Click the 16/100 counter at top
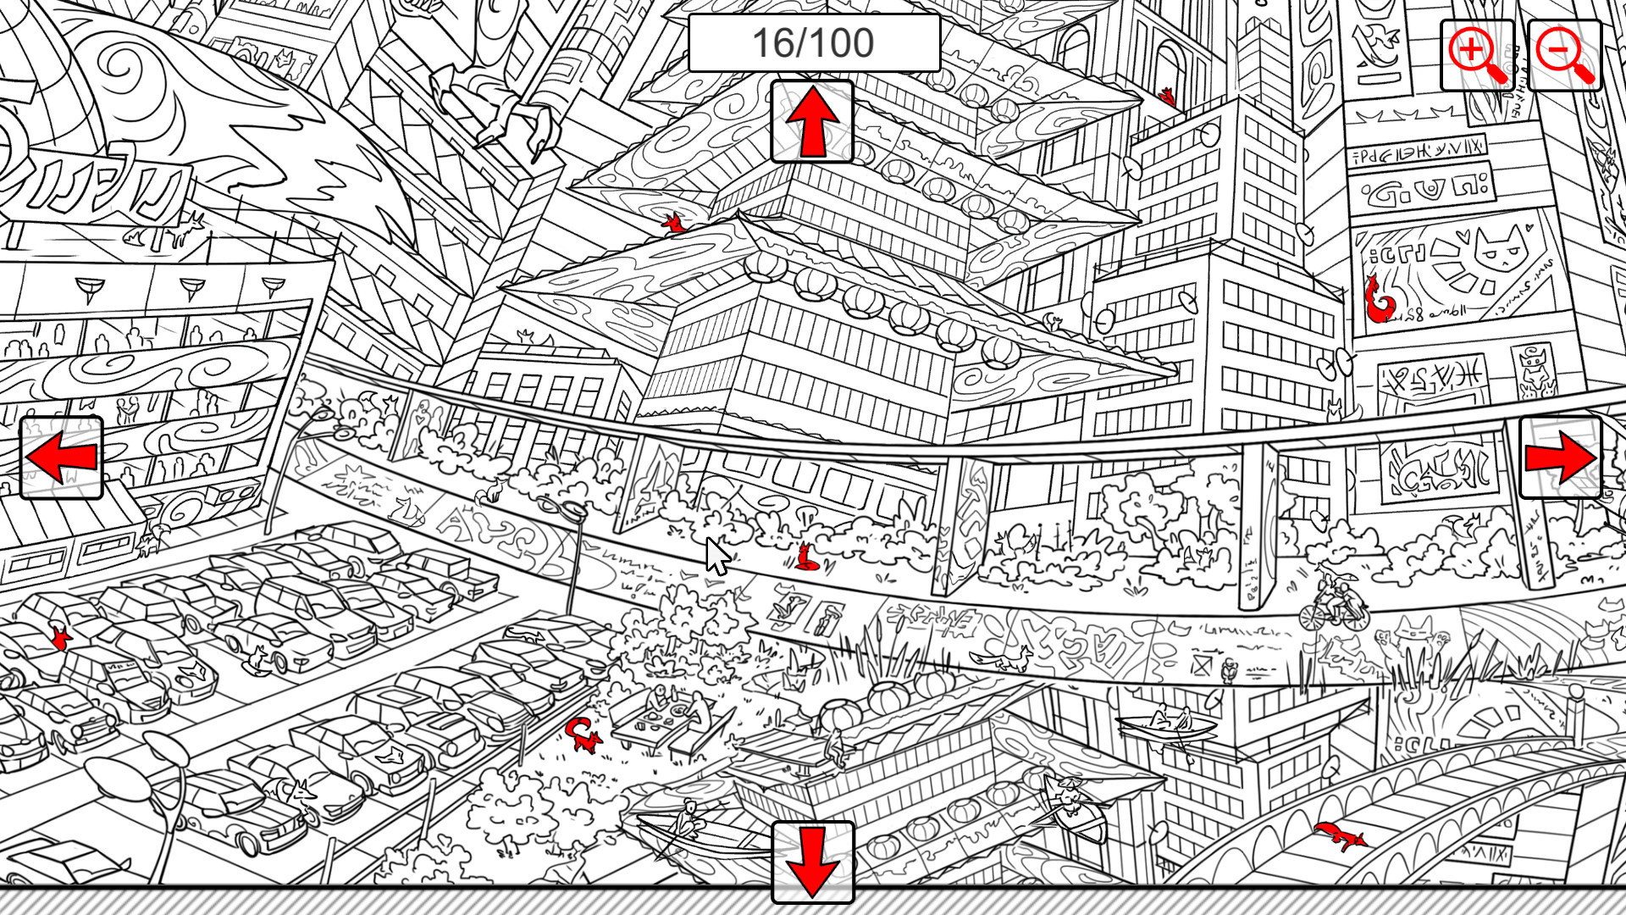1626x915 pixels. (x=813, y=42)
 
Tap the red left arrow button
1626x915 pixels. (x=61, y=457)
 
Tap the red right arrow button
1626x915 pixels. (x=1560, y=457)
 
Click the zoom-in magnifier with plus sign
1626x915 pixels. (x=1476, y=54)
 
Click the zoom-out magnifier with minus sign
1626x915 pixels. (x=1564, y=54)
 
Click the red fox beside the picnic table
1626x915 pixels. (x=583, y=734)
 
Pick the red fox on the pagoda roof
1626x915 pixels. (x=675, y=225)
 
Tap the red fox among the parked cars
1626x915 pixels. (x=59, y=635)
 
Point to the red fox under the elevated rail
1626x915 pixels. (x=805, y=557)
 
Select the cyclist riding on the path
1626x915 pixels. (x=1335, y=602)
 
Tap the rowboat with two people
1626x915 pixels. (x=1166, y=724)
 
